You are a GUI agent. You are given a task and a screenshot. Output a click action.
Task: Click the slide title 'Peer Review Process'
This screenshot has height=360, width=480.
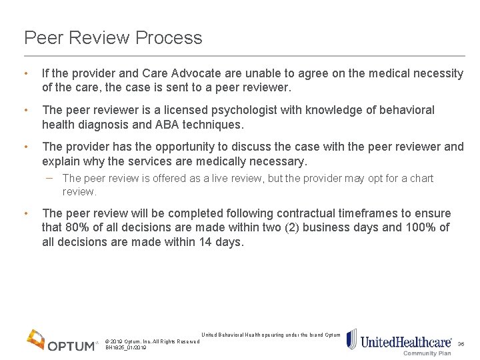(113, 38)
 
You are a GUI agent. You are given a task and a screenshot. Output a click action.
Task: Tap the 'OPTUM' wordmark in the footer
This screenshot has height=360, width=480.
(72, 345)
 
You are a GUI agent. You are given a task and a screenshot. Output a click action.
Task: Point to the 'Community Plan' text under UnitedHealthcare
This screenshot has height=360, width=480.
(427, 353)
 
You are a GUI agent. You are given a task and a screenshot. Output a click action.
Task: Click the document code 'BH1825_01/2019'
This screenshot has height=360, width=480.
(126, 348)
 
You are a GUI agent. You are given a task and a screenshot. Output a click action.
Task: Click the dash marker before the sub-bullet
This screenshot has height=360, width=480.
(51, 178)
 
